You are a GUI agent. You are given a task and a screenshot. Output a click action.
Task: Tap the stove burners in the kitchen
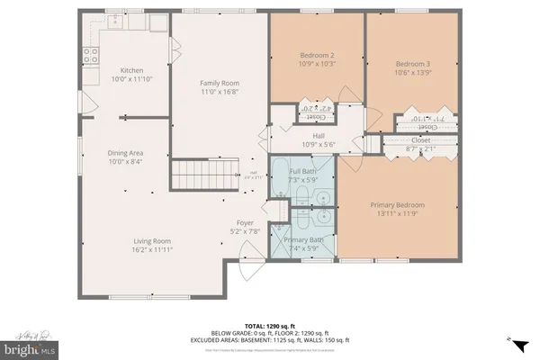pos(91,57)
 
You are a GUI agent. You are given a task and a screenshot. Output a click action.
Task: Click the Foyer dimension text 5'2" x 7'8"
pos(245,231)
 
